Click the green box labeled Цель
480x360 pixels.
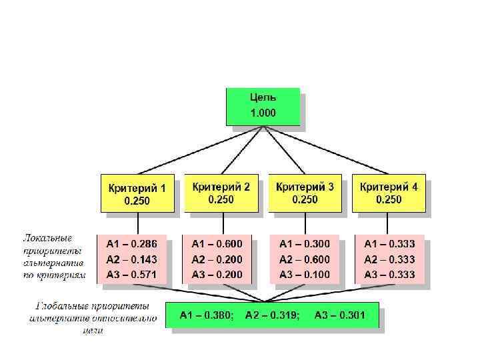coord(263,105)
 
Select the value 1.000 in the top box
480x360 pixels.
coord(263,113)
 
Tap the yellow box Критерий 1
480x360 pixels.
coord(137,193)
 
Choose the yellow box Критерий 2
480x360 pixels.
coord(221,193)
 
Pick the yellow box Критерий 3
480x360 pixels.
coord(305,193)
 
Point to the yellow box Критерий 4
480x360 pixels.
coord(389,193)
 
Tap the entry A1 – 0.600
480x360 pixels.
coord(217,244)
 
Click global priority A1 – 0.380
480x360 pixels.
coord(207,315)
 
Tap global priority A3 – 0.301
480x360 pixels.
coord(340,315)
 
